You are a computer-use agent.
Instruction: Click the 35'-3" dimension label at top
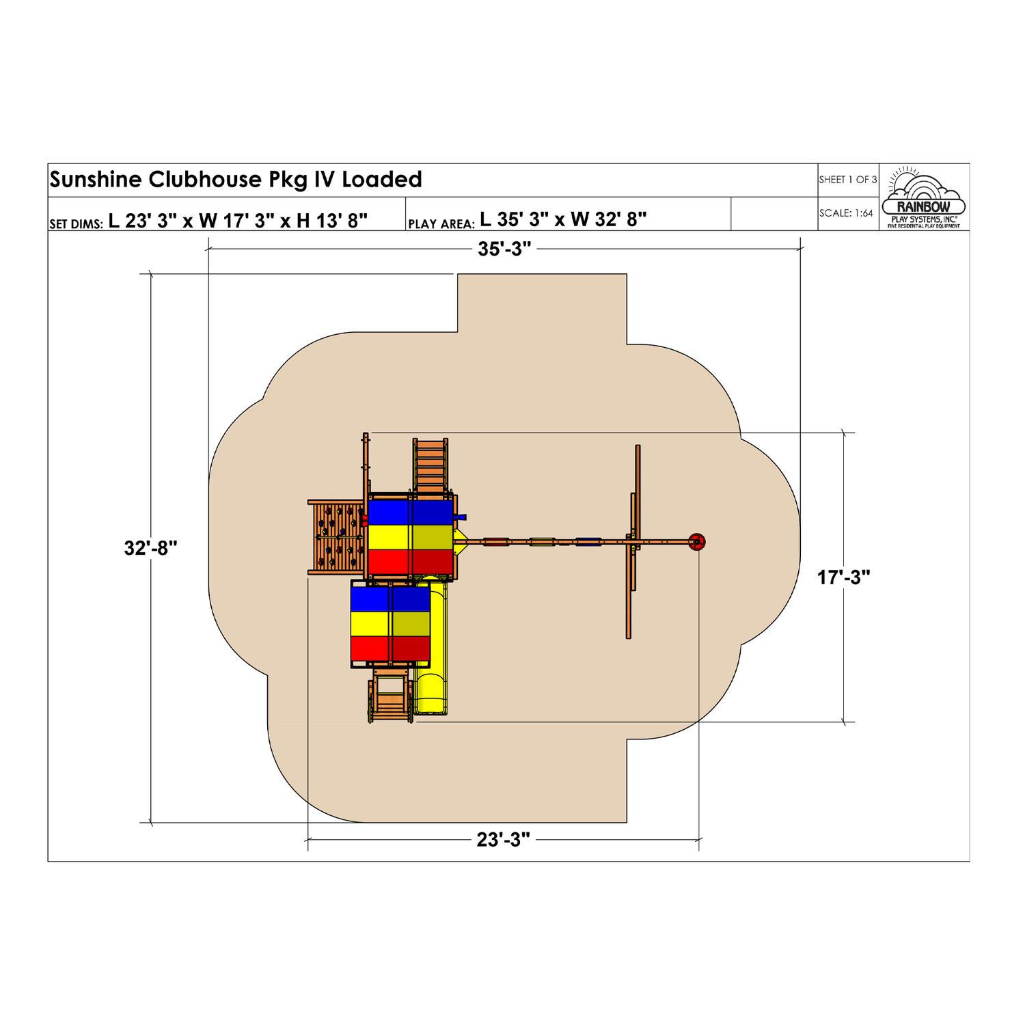click(504, 249)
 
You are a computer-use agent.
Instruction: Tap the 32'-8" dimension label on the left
click(151, 548)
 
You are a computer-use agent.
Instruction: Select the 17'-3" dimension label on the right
click(844, 577)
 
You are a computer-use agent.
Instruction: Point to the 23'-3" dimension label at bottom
click(504, 840)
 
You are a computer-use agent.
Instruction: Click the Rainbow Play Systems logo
click(924, 197)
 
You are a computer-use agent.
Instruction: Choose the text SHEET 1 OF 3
click(848, 180)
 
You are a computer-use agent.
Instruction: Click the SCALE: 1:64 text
click(846, 213)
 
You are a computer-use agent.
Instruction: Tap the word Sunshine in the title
click(96, 179)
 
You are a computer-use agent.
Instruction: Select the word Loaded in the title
click(382, 179)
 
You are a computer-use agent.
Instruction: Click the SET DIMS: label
click(76, 224)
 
